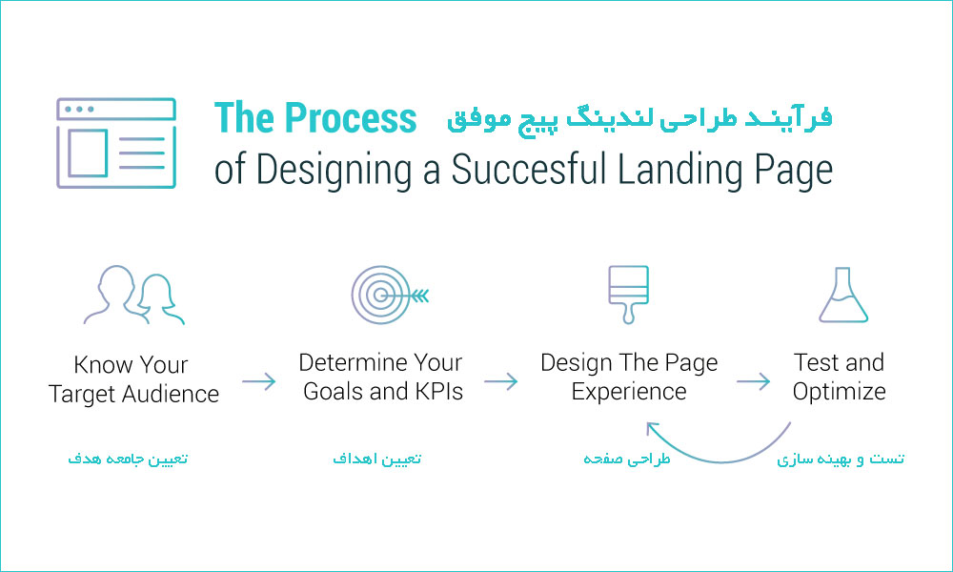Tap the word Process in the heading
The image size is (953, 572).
pyautogui.click(x=350, y=117)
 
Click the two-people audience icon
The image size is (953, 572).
pyautogui.click(x=134, y=295)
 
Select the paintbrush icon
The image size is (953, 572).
pyautogui.click(x=628, y=295)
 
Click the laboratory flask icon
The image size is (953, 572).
pyautogui.click(x=843, y=295)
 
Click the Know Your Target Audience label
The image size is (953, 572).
pyautogui.click(x=133, y=379)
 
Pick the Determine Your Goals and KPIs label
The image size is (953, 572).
pyautogui.click(x=381, y=377)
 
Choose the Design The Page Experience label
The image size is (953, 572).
pyautogui.click(x=629, y=377)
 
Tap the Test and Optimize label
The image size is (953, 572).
pyautogui.click(x=839, y=377)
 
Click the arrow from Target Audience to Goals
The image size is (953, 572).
pyautogui.click(x=259, y=381)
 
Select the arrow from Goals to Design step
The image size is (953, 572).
pyautogui.click(x=501, y=381)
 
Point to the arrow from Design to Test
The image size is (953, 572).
pyautogui.click(x=754, y=381)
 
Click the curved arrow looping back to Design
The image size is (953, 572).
pyautogui.click(x=721, y=462)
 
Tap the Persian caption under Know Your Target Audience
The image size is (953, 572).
pyautogui.click(x=128, y=459)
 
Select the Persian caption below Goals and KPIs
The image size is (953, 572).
pyautogui.click(x=376, y=459)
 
